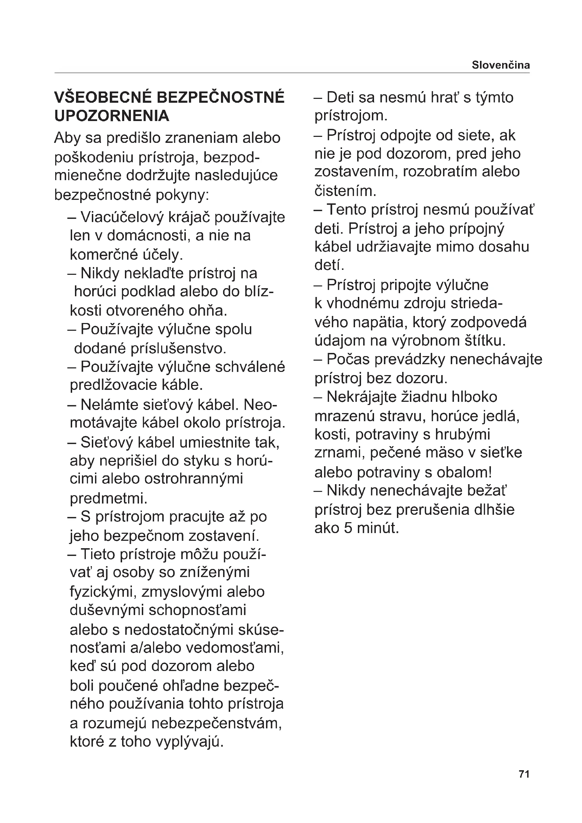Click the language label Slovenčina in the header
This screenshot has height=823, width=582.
pos(500,65)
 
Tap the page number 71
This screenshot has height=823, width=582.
pos(524,784)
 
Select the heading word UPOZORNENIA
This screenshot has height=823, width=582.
pos(112,116)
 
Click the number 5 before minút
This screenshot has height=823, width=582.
pos(348,528)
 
